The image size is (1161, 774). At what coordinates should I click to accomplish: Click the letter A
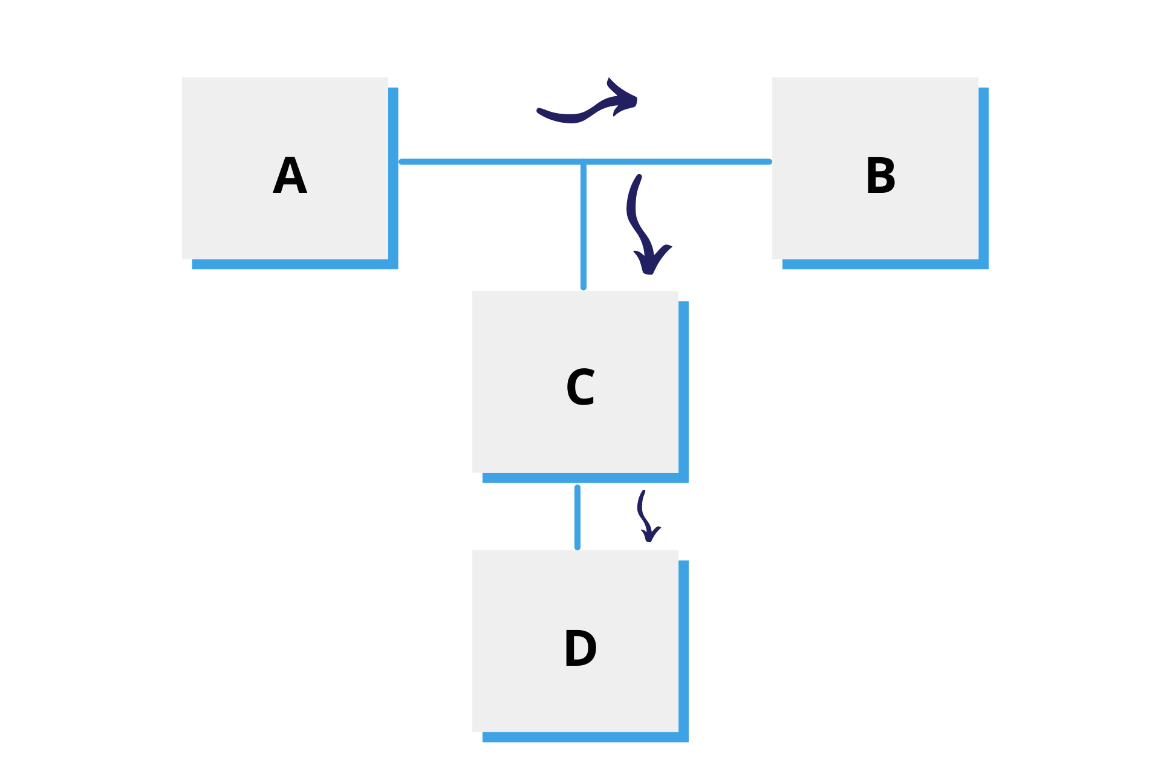tap(290, 175)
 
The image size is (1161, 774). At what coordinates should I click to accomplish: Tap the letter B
tap(880, 175)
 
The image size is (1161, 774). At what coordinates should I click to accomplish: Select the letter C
tap(580, 387)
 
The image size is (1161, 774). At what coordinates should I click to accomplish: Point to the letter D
tap(580, 648)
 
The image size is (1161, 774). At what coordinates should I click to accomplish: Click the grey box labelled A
tap(285, 168)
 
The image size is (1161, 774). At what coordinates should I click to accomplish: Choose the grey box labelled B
tap(875, 168)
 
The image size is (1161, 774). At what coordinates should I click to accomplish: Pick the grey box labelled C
tap(575, 382)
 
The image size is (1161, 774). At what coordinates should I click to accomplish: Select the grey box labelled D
tap(575, 641)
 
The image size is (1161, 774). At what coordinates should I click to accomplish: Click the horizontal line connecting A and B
tap(585, 161)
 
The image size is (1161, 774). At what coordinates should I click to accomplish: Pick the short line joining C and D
tap(577, 518)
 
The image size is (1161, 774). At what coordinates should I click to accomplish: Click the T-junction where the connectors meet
tap(584, 161)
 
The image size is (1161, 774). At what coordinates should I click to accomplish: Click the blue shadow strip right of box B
tap(984, 178)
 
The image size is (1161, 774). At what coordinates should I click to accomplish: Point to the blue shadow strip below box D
tap(585, 737)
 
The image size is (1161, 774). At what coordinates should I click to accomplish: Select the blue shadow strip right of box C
tap(684, 392)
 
